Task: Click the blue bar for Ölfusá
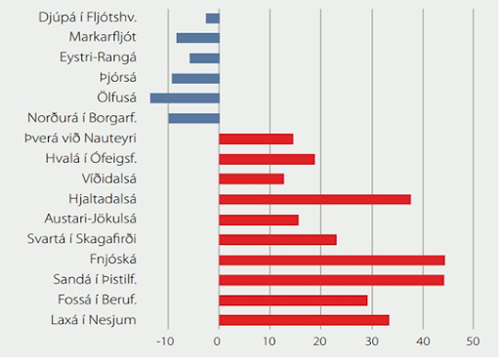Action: tap(185, 98)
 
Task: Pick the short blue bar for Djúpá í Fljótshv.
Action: tap(213, 18)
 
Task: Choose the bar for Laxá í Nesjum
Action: tap(304, 320)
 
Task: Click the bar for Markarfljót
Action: tap(198, 38)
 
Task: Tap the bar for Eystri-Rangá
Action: tap(204, 58)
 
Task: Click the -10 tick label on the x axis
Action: tap(165, 342)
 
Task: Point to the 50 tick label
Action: tap(472, 342)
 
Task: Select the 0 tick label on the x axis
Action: tap(219, 342)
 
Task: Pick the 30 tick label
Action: tap(371, 342)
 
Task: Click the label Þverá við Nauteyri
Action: tap(80, 139)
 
